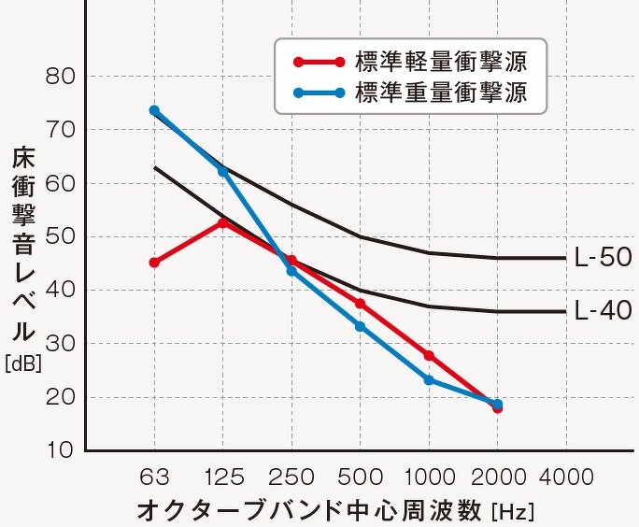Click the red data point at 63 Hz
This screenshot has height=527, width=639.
click(154, 263)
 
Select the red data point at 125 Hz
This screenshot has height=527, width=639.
click(222, 222)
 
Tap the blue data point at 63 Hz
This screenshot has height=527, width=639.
click(154, 110)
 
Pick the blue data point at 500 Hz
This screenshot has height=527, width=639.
click(360, 326)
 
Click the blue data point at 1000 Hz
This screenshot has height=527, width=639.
click(429, 380)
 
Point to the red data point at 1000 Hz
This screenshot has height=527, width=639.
click(429, 355)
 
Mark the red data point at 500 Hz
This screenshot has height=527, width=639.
click(360, 304)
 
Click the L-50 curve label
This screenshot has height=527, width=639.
click(603, 258)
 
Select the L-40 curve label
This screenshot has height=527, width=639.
click(603, 311)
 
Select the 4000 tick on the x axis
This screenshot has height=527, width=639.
click(566, 477)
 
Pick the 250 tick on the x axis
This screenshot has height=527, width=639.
click(291, 477)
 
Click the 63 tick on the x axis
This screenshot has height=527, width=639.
click(154, 477)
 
